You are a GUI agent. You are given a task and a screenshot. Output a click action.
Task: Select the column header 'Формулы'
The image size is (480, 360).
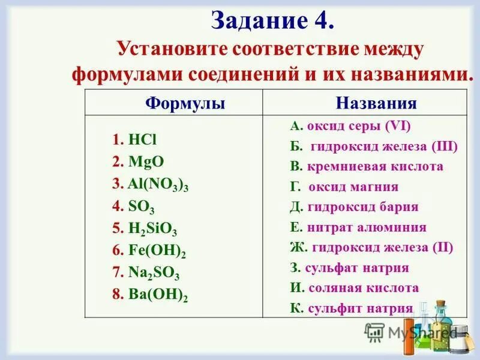coord(185,103)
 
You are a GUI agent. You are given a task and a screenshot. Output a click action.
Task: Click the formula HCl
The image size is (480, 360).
coord(142,140)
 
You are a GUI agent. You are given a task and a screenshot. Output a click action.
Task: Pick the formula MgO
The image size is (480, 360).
coord(146,161)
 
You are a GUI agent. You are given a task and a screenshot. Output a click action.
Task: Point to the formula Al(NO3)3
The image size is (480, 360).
coord(158,185)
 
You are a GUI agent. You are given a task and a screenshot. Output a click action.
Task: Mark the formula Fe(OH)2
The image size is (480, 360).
coord(157,251)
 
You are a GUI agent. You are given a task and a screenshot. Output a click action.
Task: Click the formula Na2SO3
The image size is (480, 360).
coord(154,273)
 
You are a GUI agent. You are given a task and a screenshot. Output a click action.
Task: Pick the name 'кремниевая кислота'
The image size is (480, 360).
coord(375,166)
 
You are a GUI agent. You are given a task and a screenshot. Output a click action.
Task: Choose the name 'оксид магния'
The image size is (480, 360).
coord(353,187)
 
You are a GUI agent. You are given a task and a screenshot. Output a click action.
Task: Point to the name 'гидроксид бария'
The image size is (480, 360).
coord(362,207)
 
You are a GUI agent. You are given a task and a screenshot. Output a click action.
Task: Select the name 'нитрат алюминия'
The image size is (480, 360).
coord(367,227)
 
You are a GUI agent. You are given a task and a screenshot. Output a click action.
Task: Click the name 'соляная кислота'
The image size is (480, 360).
coord(364,288)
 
